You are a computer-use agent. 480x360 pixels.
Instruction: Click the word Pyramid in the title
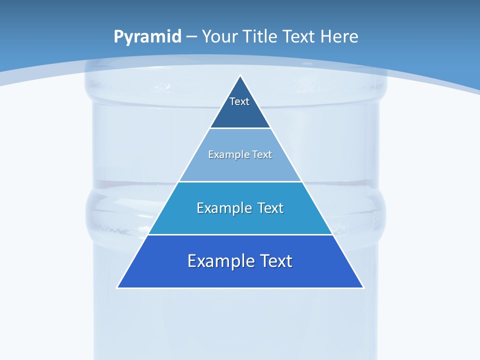147,37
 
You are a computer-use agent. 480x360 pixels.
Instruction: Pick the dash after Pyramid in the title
191,37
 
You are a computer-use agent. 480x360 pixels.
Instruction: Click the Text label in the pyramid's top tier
239,101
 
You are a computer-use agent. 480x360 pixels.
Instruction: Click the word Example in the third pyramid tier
219,208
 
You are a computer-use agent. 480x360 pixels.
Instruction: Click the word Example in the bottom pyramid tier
216,261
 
